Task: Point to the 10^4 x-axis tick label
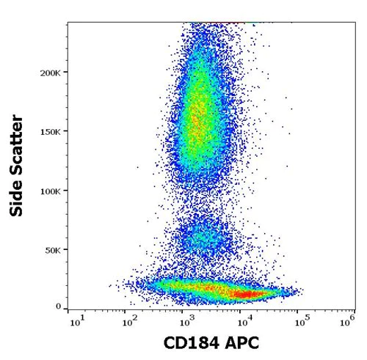point(241,320)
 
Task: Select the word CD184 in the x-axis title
point(185,344)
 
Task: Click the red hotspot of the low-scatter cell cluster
point(246,294)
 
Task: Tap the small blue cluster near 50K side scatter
point(202,238)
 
